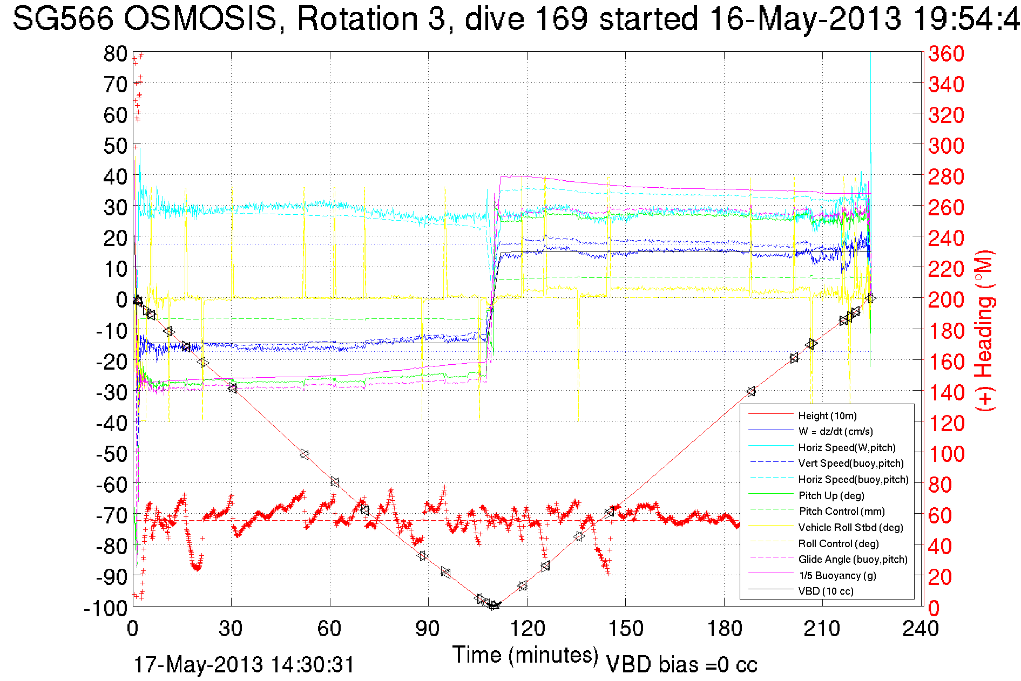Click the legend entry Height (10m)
pyautogui.click(x=827, y=416)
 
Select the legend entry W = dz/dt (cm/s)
pyautogui.click(x=835, y=431)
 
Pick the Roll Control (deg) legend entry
pyautogui.click(x=839, y=543)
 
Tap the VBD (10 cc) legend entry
pyautogui.click(x=826, y=591)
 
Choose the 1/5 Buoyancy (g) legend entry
pyautogui.click(x=837, y=575)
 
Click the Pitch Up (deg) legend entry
pyautogui.click(x=831, y=495)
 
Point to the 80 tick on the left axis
pyautogui.click(x=115, y=53)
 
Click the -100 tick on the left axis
pyautogui.click(x=105, y=608)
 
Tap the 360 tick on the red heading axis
pyautogui.click(x=946, y=53)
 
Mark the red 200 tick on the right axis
pyautogui.click(x=946, y=299)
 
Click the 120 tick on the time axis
pyautogui.click(x=527, y=629)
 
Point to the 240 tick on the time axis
pyautogui.click(x=921, y=629)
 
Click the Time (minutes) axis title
pyautogui.click(x=525, y=655)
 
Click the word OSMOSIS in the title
pyautogui.click(x=200, y=19)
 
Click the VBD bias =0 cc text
pyautogui.click(x=681, y=665)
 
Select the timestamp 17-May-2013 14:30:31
pyautogui.click(x=244, y=665)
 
